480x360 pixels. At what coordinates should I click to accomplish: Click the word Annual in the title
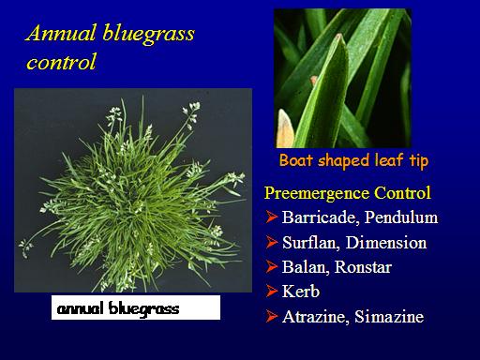pyautogui.click(x=61, y=33)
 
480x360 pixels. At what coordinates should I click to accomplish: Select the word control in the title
pyautogui.click(x=61, y=62)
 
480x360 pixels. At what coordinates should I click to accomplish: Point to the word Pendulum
pyautogui.click(x=401, y=217)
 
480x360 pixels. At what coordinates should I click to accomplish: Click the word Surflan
pyautogui.click(x=311, y=243)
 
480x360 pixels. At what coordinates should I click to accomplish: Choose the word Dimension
pyautogui.click(x=386, y=243)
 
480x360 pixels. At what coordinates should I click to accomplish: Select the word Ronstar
pyautogui.click(x=363, y=267)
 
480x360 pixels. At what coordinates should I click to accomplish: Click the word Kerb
pyautogui.click(x=301, y=292)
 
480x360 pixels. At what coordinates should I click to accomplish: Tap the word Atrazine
pyautogui.click(x=316, y=317)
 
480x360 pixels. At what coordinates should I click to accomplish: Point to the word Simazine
pyautogui.click(x=389, y=317)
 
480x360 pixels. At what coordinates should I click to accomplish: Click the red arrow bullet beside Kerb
pyautogui.click(x=272, y=292)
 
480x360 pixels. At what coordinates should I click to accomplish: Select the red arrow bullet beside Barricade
pyautogui.click(x=272, y=217)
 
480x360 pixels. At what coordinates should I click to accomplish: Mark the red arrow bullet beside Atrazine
pyautogui.click(x=272, y=316)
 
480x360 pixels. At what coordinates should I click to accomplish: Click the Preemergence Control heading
pyautogui.click(x=348, y=193)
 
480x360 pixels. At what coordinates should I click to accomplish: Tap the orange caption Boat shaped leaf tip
pyautogui.click(x=353, y=160)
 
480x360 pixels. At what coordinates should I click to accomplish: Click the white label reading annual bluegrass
pyautogui.click(x=136, y=307)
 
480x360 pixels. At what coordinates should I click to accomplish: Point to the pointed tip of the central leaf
pyautogui.click(x=338, y=36)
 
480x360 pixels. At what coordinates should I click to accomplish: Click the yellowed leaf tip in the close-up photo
pyautogui.click(x=285, y=128)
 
